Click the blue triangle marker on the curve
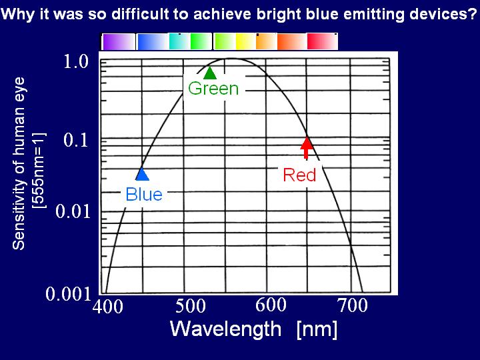pos(142,174)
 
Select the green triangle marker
pos(210,73)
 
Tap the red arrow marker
pos(307,148)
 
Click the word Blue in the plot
pos(144,195)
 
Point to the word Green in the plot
pos(213,89)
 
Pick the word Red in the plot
pos(299,175)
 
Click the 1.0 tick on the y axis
pos(76,61)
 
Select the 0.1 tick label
pos(76,140)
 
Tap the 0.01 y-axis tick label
pos(73,211)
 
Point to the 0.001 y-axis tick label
pos(69,294)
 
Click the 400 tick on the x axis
pos(108,306)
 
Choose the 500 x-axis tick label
pos(191,305)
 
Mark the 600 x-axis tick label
pos(271,305)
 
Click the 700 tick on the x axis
pos(353,305)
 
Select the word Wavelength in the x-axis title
pos(225,329)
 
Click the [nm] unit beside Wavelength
pos(317,330)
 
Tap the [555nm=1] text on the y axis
pos(40,171)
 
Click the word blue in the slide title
pos(322,13)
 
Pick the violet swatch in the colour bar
pos(118,41)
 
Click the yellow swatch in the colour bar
pos(245,41)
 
